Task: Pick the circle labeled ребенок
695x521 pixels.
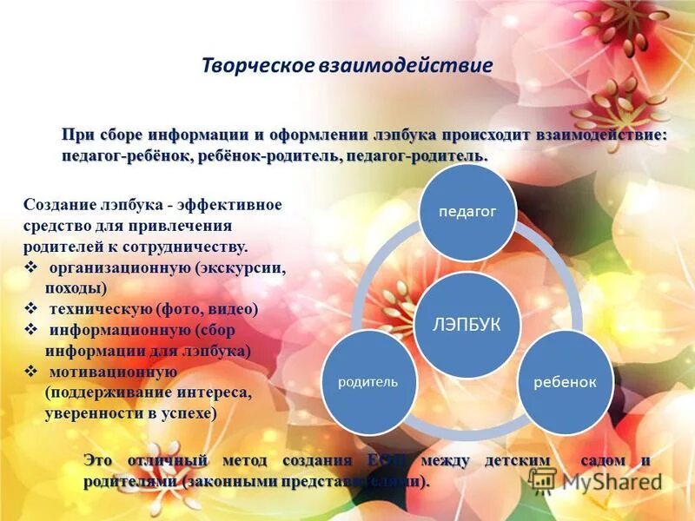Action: click(x=565, y=383)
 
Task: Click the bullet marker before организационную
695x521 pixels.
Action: click(x=30, y=267)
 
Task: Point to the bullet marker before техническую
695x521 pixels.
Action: click(x=30, y=308)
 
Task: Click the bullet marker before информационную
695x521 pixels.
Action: click(x=30, y=330)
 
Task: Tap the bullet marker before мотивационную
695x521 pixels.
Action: click(x=30, y=372)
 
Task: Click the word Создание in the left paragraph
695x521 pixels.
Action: click(x=56, y=205)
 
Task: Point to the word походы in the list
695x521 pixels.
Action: click(x=76, y=288)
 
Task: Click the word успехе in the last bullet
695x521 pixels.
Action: click(x=189, y=413)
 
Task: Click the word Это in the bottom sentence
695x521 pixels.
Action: click(x=100, y=460)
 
